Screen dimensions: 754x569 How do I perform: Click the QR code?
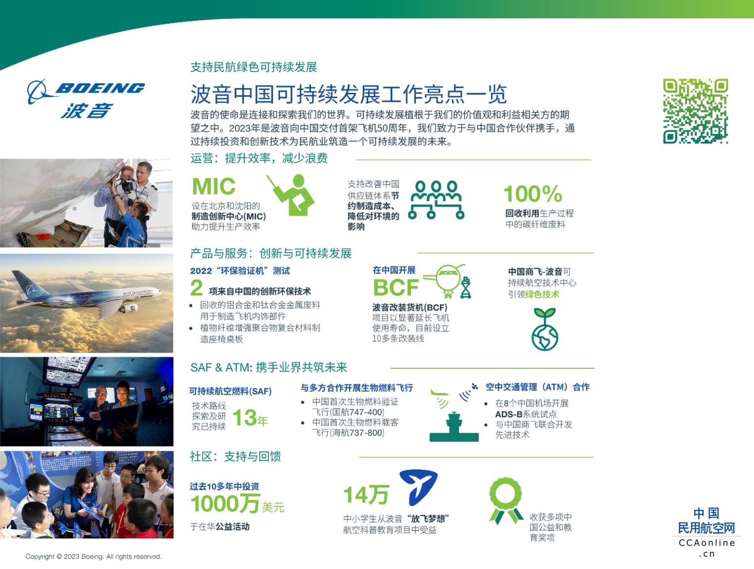pos(695,111)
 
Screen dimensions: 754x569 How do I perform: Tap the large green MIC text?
pos(214,186)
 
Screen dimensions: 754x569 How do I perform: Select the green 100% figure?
pos(533,194)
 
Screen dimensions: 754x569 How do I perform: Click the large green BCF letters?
pos(396,287)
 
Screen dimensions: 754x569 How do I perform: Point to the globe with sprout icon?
pos(545,330)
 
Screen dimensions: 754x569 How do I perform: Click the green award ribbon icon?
pos(506,501)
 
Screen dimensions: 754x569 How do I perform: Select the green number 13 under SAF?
pos(245,418)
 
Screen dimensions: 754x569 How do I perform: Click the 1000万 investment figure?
pos(225,504)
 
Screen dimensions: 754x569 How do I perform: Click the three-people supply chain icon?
pos(436,200)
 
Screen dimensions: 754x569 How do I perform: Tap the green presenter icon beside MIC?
pos(291,195)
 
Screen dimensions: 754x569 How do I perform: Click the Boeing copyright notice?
pos(94,556)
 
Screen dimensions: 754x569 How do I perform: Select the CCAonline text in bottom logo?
pos(707,543)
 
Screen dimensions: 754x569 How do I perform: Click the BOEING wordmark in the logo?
pos(100,88)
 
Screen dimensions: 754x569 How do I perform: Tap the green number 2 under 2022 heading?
pos(197,287)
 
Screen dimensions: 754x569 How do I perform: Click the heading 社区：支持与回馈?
pos(235,456)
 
